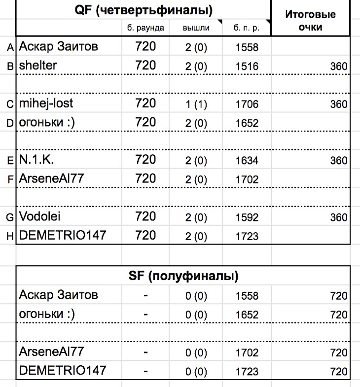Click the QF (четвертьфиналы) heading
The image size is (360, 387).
coord(144,9)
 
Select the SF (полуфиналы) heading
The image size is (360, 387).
coord(182,276)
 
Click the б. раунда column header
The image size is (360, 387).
coord(145,28)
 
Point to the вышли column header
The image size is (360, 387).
coord(196,28)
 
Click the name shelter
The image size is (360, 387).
coord(38,65)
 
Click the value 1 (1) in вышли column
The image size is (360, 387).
coord(196,104)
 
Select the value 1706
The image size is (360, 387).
coord(247,104)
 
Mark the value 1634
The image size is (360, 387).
coord(247,161)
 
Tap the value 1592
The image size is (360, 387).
coord(247,217)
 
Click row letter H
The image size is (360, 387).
coord(9,237)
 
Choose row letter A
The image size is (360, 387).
coord(9,48)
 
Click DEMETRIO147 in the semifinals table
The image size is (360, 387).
coord(62,370)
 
